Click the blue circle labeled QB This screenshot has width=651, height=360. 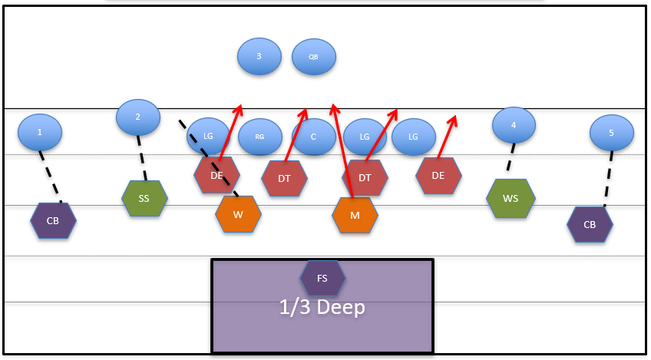313,57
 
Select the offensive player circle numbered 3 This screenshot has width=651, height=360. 259,56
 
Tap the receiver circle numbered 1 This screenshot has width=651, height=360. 40,132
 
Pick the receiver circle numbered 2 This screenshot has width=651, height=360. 138,117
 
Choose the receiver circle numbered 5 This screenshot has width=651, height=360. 612,133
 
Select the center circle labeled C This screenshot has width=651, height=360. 313,137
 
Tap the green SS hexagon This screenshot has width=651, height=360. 144,198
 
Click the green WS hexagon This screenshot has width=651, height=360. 511,198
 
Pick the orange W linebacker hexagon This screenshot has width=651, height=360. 238,214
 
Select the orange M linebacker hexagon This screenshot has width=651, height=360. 355,215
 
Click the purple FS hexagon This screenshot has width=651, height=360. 322,279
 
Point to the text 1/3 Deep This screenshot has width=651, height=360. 322,307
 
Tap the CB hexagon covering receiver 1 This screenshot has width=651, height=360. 53,221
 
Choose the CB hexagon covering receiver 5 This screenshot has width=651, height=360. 590,224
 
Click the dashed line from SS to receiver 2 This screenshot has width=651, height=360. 141,159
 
